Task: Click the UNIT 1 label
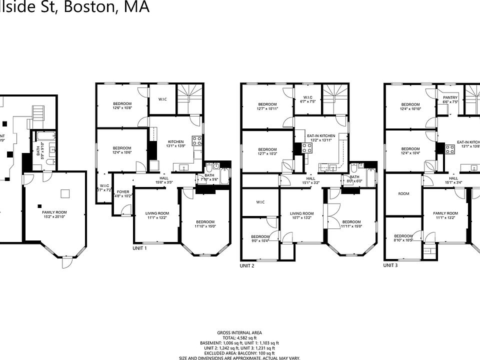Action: [x=139, y=248]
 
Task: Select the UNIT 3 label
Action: [x=390, y=265]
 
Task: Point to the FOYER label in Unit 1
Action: [x=123, y=194]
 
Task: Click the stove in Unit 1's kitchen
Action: [x=197, y=140]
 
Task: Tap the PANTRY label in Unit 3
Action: [x=450, y=99]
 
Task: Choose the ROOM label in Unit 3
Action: [x=404, y=193]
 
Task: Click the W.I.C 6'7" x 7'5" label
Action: [x=307, y=99]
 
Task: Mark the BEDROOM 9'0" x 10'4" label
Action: [x=260, y=238]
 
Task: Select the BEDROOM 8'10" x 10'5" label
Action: [x=403, y=238]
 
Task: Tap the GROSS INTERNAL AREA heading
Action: [x=239, y=333]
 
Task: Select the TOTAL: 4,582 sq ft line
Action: [x=239, y=338]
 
